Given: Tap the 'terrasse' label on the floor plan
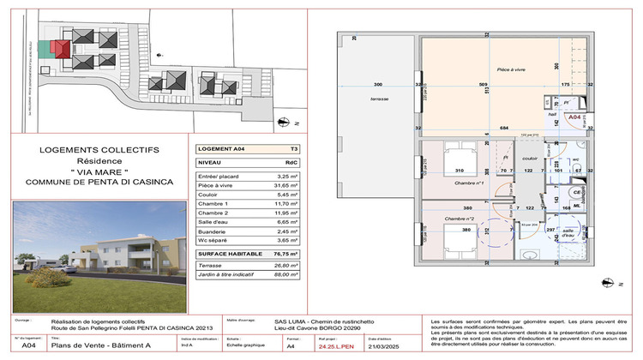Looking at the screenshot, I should [x=379, y=99].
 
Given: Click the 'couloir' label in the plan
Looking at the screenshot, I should [x=529, y=158].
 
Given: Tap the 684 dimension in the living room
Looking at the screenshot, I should [x=503, y=128].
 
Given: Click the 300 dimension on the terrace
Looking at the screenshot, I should [x=377, y=85].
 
